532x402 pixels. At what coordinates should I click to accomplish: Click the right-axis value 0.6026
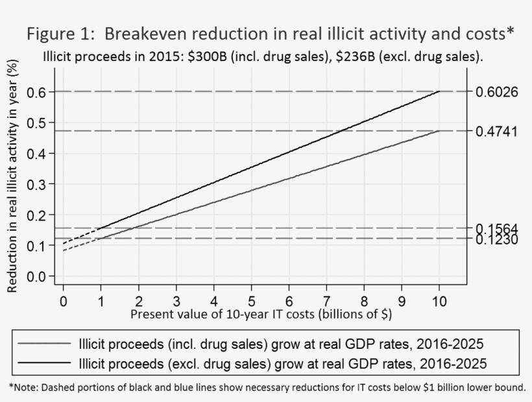(496, 92)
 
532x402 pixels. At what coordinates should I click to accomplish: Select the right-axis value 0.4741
(496, 132)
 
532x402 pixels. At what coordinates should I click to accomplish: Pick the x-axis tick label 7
(326, 301)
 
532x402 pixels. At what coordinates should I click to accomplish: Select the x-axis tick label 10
(439, 301)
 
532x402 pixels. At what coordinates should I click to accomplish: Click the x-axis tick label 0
(63, 301)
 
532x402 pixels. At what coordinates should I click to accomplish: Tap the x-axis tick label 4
(213, 301)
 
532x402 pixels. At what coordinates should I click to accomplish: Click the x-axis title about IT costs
(261, 314)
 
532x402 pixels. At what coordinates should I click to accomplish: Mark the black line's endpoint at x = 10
(439, 92)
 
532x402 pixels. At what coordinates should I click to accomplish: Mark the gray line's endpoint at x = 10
(439, 131)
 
